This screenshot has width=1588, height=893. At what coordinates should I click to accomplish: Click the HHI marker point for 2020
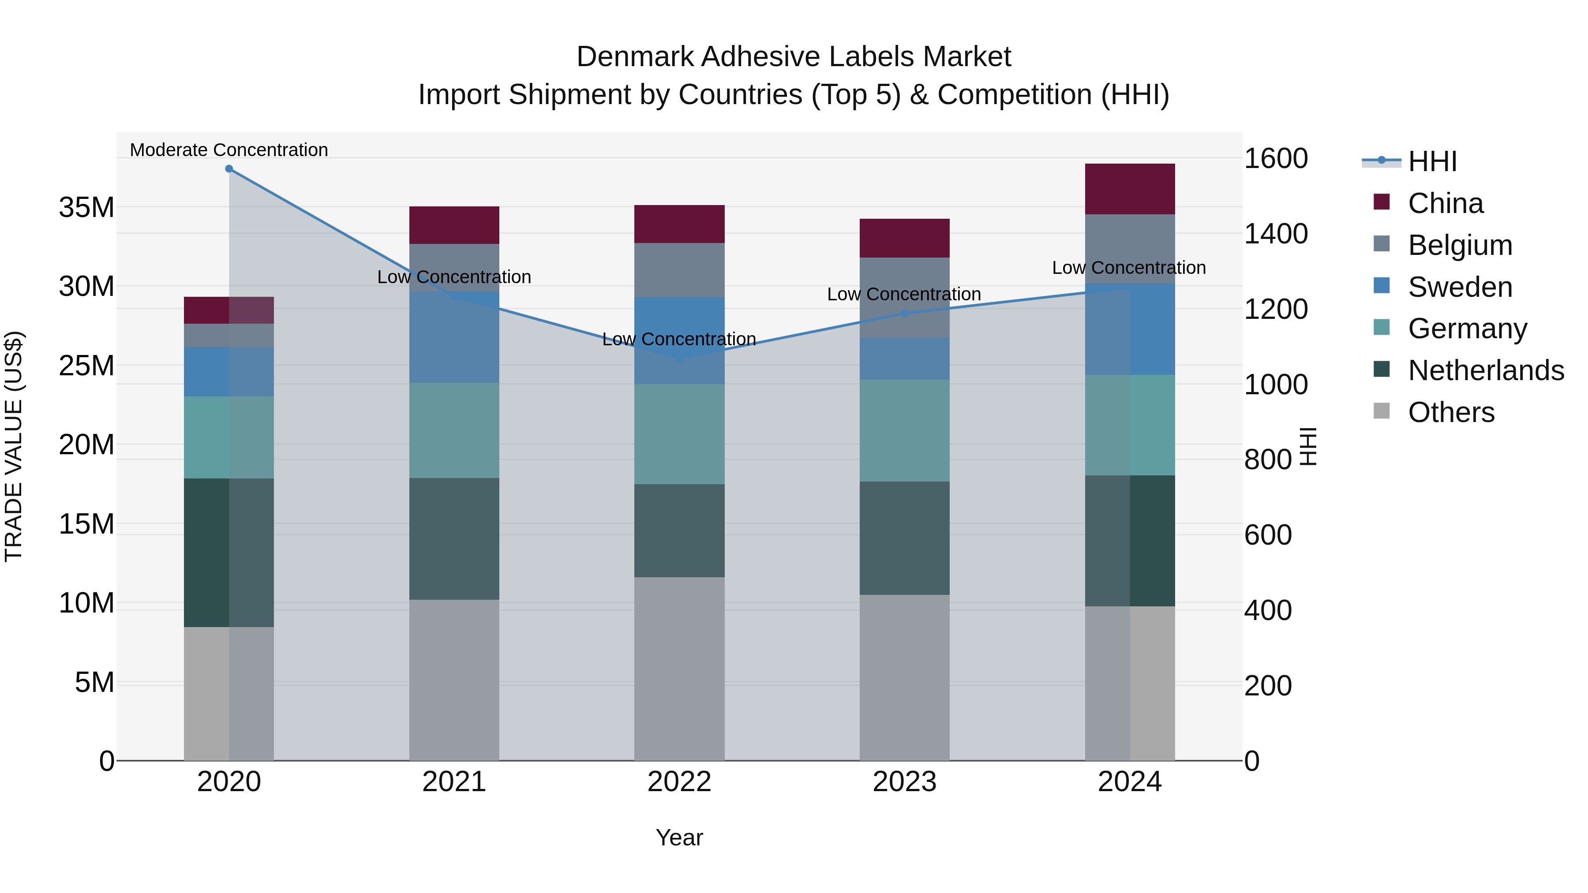point(228,169)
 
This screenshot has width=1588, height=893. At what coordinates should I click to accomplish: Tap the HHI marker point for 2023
point(904,313)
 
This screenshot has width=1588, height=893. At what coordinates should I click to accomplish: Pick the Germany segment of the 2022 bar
point(679,434)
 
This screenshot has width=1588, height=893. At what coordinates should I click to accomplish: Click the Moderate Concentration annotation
point(228,150)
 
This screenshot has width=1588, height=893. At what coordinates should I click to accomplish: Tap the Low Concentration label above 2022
point(679,339)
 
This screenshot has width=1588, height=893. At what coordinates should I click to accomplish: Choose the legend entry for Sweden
point(1460,287)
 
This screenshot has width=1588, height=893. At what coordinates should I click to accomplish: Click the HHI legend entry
point(1432,161)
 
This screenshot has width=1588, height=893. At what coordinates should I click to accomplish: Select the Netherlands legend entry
point(1486,370)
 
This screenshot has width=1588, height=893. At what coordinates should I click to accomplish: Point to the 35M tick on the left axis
point(86,208)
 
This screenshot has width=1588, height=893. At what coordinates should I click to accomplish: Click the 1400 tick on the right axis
point(1275,234)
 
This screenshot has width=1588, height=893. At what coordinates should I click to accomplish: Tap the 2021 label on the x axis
point(454,782)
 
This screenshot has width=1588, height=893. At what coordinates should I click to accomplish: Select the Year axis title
point(679,837)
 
